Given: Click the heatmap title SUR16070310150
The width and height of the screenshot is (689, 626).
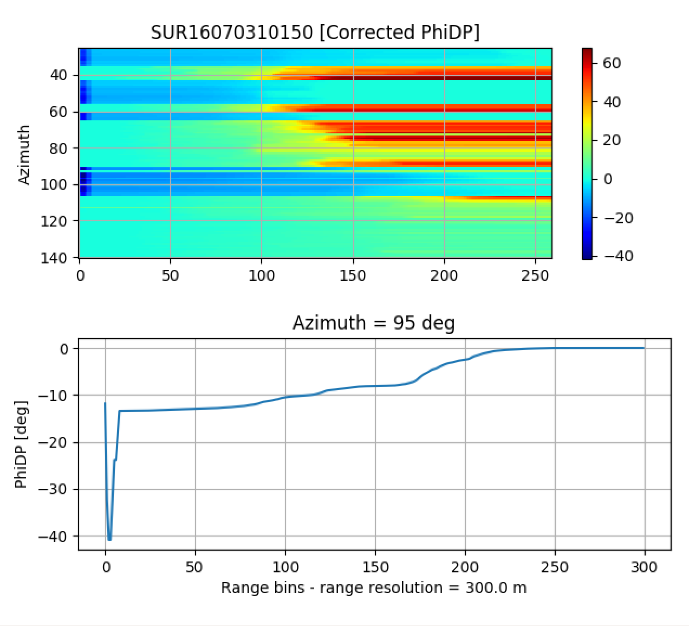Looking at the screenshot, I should click(x=231, y=33).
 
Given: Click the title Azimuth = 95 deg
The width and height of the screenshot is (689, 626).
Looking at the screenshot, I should click(x=373, y=323).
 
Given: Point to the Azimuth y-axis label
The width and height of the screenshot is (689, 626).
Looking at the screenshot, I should click(x=24, y=154).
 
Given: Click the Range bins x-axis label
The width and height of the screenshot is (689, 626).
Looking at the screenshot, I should click(x=373, y=588).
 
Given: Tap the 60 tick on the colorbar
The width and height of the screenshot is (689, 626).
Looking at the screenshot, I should click(x=611, y=63).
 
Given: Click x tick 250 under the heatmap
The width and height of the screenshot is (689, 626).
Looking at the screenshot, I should click(x=536, y=275).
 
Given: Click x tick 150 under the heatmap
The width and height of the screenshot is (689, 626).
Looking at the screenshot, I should click(x=353, y=275).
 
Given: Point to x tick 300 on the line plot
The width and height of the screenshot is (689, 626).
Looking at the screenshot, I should click(x=644, y=567).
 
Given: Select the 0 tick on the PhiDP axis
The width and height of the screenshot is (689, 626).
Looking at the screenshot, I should click(x=64, y=349).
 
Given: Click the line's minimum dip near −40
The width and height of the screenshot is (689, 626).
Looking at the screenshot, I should click(x=109, y=539).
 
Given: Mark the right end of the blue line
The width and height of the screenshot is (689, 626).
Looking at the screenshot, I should click(x=644, y=348).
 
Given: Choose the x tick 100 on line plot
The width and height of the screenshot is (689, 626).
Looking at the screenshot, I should click(x=285, y=567).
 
